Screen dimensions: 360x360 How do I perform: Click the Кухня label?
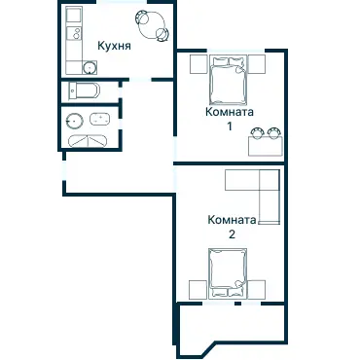click(x=114, y=46)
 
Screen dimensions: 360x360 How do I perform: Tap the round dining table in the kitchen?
click(x=152, y=25)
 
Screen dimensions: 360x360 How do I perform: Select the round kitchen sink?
click(x=89, y=67)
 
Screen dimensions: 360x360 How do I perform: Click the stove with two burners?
click(x=74, y=33)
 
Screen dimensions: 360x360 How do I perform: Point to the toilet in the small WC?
click(x=84, y=90)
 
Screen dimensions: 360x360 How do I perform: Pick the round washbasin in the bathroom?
click(x=74, y=121)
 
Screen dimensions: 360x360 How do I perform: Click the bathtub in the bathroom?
click(x=100, y=119)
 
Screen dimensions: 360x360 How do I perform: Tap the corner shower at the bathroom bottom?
click(x=88, y=141)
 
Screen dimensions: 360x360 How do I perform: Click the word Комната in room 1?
click(x=230, y=112)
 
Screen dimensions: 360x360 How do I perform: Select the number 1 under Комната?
click(x=230, y=126)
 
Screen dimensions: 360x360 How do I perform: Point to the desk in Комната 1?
click(x=266, y=146)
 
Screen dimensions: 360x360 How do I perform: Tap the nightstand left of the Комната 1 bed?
click(x=198, y=64)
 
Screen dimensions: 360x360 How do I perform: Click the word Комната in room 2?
click(x=232, y=220)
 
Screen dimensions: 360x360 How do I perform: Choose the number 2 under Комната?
click(x=232, y=234)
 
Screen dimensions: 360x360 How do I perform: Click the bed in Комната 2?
click(x=228, y=273)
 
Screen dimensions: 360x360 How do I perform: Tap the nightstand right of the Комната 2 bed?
click(x=257, y=290)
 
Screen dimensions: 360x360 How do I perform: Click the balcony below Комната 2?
click(x=231, y=328)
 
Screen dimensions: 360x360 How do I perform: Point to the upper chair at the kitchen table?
click(x=141, y=18)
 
